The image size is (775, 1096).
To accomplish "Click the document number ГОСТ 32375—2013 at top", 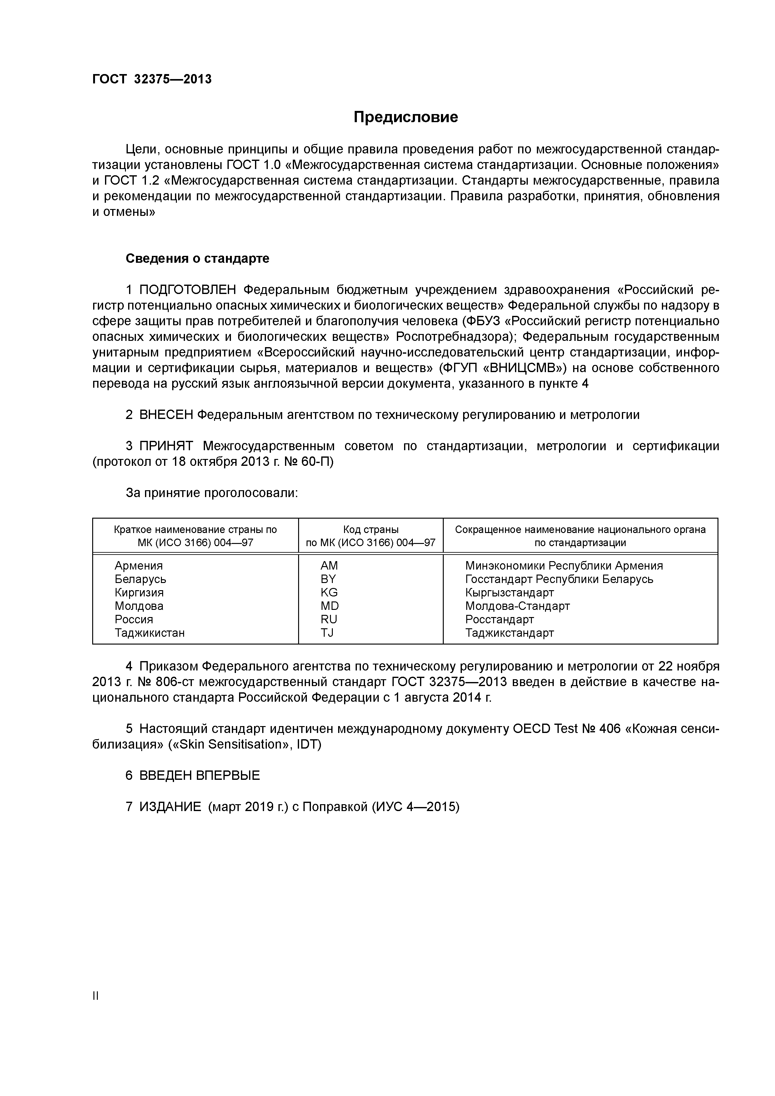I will pyautogui.click(x=152, y=79).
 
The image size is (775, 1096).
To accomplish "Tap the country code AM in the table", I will pyautogui.click(x=329, y=566).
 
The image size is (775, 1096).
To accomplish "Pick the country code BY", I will pyautogui.click(x=328, y=579).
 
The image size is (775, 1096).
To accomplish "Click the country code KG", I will pyautogui.click(x=329, y=592).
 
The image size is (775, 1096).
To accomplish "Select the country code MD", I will pyautogui.click(x=329, y=606).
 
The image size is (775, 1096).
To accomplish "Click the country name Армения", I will pyautogui.click(x=138, y=566).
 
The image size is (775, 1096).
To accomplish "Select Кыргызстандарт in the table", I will pyautogui.click(x=509, y=592).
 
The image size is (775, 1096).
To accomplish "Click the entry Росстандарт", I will pyautogui.click(x=499, y=619).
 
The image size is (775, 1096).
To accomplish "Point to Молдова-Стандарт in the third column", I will pyautogui.click(x=517, y=606).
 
